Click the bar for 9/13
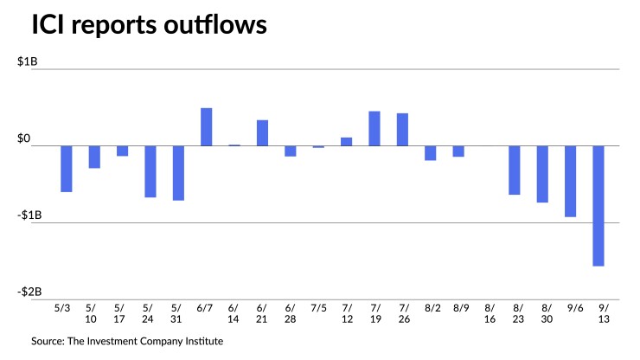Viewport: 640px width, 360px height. pos(598,206)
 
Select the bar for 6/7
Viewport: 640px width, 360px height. pos(207,127)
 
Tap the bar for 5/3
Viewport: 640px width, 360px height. pos(67,169)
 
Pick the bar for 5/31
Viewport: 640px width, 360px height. pos(178,173)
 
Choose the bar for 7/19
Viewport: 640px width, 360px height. pos(374,128)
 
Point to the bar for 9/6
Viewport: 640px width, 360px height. pos(571,181)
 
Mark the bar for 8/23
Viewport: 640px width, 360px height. pos(515,170)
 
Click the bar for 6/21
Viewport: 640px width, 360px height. pos(263,133)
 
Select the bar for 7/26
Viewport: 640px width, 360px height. pos(402,130)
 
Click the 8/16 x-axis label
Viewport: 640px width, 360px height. pos(489,313)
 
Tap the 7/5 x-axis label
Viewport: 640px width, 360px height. pos(318,307)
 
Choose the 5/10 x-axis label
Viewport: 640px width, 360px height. pos(93,313)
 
